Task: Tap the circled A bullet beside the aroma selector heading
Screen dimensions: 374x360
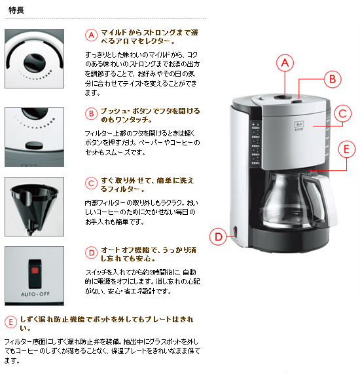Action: (91, 35)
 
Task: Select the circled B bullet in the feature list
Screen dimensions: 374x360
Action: (91, 113)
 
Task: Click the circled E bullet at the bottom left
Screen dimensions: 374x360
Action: (10, 321)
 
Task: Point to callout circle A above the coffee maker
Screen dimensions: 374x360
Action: (284, 63)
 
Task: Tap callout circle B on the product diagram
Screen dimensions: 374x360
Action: (331, 79)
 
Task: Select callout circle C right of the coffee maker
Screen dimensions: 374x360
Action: (344, 114)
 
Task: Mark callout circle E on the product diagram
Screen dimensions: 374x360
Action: (348, 149)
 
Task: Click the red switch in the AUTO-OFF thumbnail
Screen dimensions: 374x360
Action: (33, 270)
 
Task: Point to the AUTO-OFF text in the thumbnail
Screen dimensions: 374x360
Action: (34, 293)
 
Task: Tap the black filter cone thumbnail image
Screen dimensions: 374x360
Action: (34, 206)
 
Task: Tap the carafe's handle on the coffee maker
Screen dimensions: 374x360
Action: (323, 200)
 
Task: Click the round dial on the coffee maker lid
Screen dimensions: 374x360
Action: (283, 98)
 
